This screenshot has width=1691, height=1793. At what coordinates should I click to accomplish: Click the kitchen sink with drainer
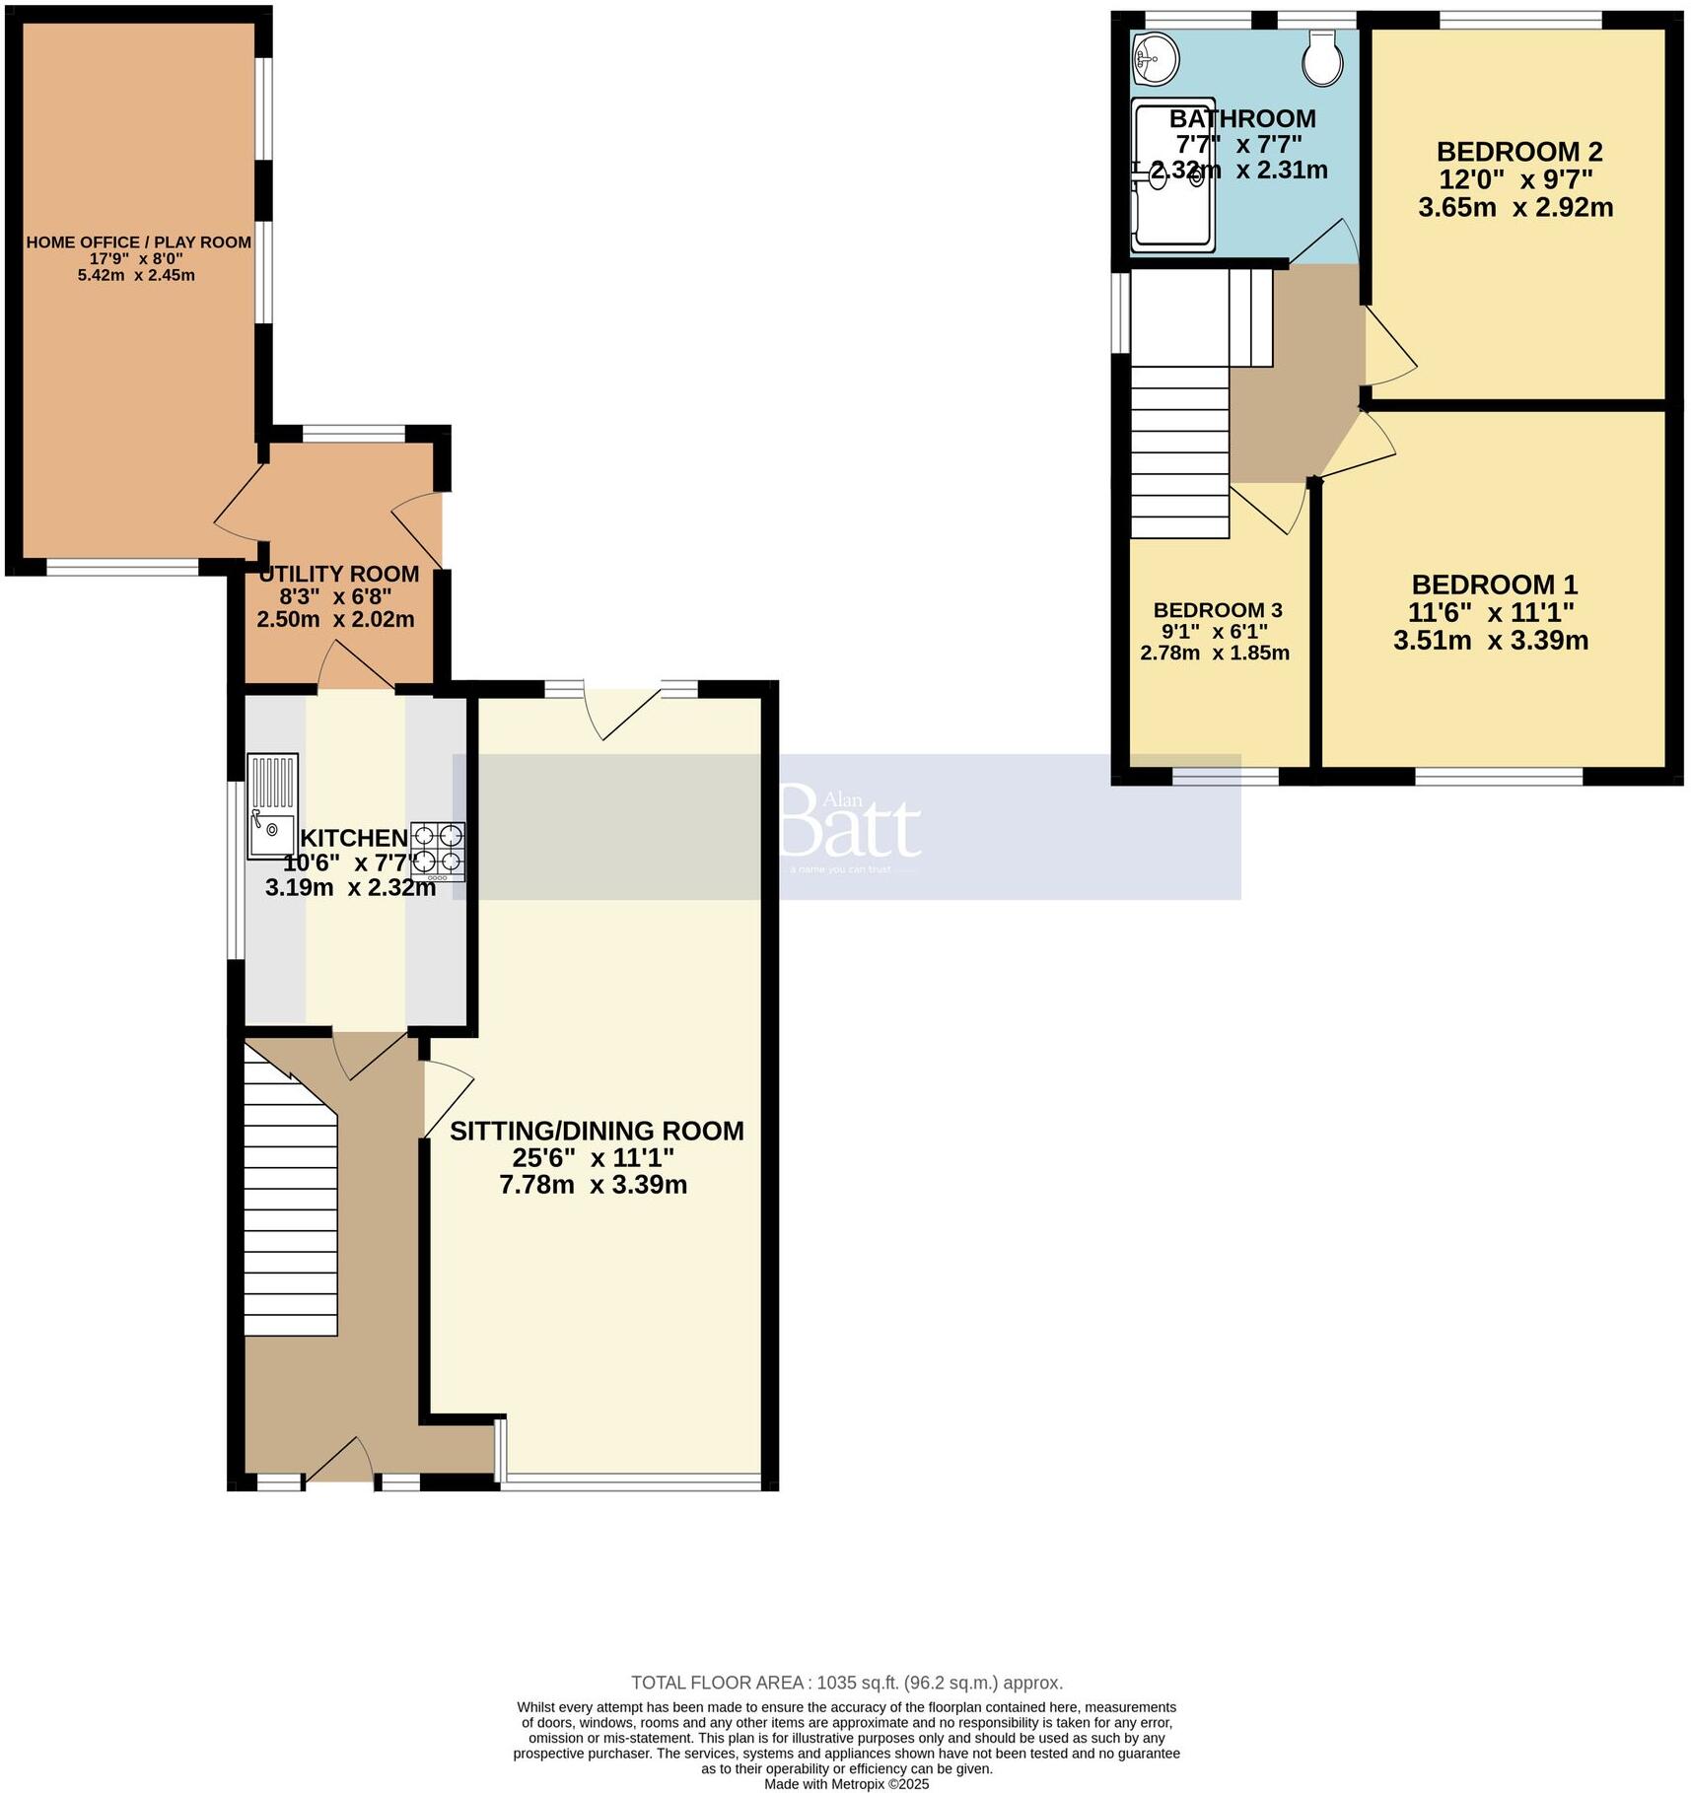tap(272, 806)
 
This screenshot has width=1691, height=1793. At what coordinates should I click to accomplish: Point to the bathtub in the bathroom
tap(1172, 174)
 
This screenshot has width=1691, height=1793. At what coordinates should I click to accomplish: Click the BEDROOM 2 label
tap(1518, 152)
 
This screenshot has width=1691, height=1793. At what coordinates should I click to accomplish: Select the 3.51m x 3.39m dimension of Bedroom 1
tap(1490, 641)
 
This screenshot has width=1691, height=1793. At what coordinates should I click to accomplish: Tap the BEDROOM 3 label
tap(1218, 610)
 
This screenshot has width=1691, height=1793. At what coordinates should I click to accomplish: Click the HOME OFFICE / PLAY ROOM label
tap(138, 242)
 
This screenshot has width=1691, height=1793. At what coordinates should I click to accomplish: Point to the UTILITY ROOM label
tap(338, 574)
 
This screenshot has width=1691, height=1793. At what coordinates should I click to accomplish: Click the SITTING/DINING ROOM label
tap(597, 1131)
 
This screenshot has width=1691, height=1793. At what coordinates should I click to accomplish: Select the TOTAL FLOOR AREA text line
tap(846, 1683)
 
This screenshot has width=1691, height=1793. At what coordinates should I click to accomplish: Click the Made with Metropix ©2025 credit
tap(846, 1783)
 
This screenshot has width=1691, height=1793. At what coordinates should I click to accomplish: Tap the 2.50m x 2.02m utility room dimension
tap(335, 620)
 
